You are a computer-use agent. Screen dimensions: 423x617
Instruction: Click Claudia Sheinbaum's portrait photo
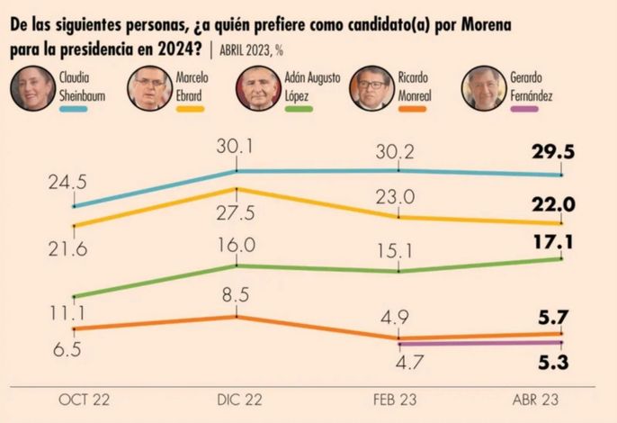(x=32, y=88)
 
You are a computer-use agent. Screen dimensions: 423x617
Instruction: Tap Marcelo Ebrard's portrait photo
(x=149, y=88)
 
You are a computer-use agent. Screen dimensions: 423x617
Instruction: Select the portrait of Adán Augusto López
(x=259, y=88)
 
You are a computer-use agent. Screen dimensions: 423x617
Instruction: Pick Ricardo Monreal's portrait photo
(x=371, y=88)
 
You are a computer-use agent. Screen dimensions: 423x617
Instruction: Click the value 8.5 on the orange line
(x=237, y=292)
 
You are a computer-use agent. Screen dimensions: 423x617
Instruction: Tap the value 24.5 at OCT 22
(x=67, y=184)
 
